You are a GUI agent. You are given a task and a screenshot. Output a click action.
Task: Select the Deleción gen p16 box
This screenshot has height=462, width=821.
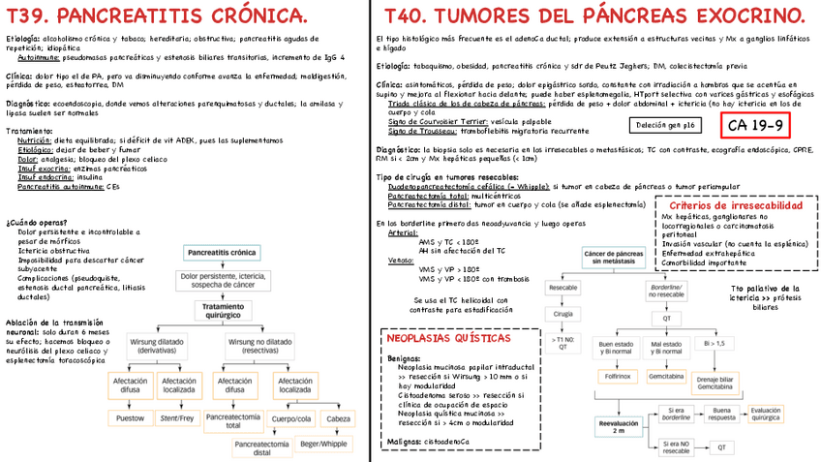[x=663, y=125]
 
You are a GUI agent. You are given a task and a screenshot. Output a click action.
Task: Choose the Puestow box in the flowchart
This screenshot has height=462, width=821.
[x=130, y=418]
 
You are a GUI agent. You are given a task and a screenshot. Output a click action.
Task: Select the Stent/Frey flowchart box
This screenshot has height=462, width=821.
[x=177, y=418]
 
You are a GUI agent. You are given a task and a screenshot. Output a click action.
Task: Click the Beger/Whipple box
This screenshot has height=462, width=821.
[x=323, y=444]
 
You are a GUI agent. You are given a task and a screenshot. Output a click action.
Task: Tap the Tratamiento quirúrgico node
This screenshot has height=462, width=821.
[x=224, y=310]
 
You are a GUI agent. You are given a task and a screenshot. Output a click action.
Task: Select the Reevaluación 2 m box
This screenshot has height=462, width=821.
[x=619, y=427]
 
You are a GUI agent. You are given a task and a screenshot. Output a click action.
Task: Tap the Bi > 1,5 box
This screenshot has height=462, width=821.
[x=715, y=343]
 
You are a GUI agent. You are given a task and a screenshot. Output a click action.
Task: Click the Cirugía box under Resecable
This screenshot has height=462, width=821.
[x=563, y=314]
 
